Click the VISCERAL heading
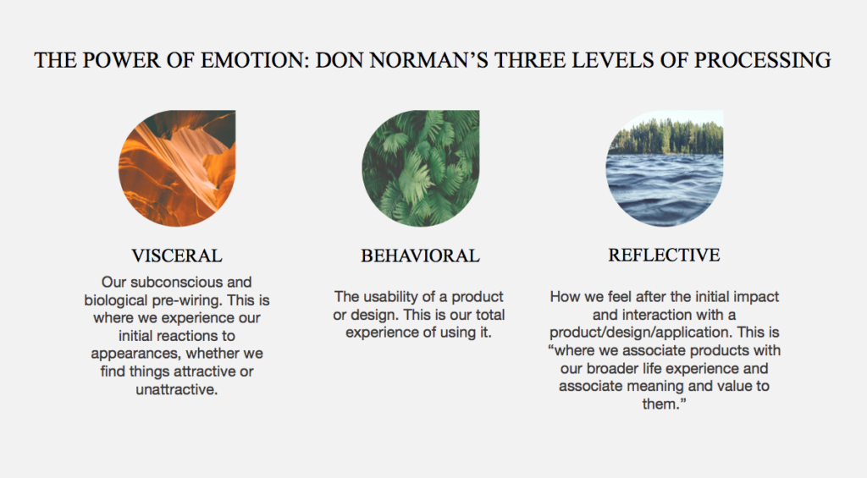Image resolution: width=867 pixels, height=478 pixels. coord(177,255)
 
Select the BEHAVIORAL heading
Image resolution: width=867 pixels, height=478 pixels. coord(420,255)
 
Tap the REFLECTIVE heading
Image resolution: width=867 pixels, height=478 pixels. coord(664,255)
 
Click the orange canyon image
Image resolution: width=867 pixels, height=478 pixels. coord(177,168)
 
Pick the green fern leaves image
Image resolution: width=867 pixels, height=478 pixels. coord(421,168)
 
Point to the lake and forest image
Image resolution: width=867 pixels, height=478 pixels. coord(665,168)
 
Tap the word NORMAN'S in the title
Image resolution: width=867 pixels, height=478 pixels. coord(428,60)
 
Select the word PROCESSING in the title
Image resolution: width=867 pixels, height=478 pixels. coord(763,60)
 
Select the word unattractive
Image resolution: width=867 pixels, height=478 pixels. coord(176,389)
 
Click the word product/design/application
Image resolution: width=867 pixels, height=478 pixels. coord(641,332)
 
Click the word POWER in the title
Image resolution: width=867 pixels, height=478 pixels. coord(121,60)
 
